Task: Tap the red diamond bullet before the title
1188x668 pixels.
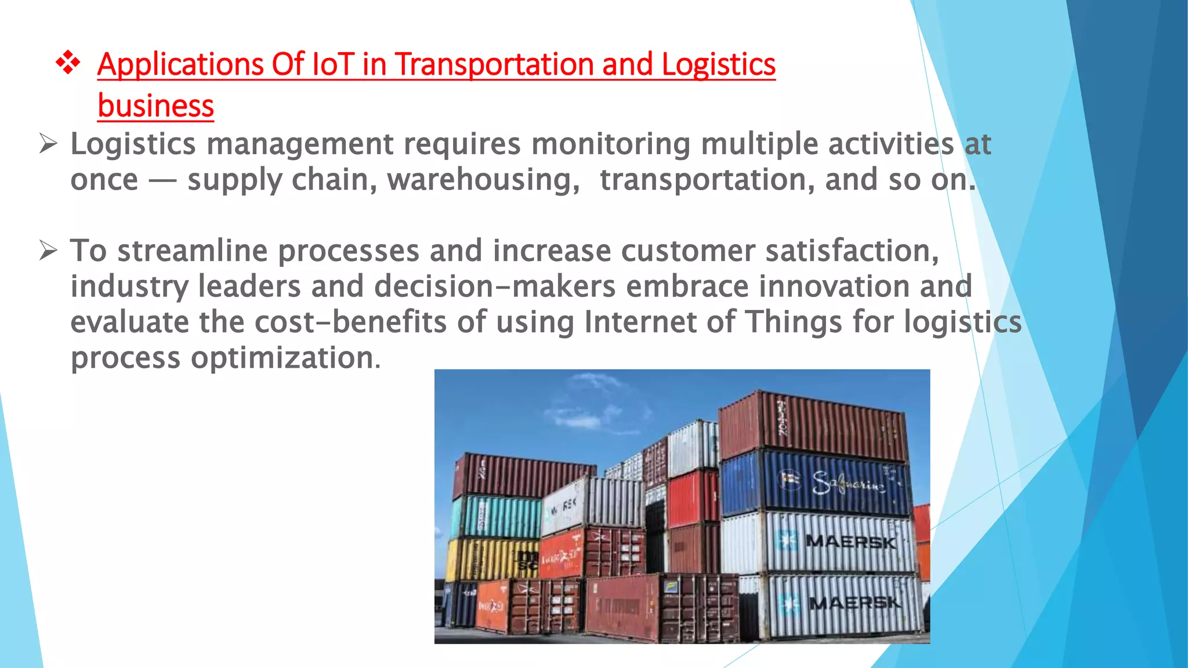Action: tap(68, 63)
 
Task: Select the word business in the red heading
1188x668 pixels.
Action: tap(155, 106)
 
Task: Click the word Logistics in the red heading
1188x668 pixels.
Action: tap(718, 64)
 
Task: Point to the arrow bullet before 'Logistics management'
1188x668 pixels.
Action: tap(48, 143)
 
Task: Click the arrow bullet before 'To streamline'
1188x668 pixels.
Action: tap(48, 251)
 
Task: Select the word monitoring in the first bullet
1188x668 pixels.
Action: tap(611, 144)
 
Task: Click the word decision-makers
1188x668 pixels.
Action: tap(495, 286)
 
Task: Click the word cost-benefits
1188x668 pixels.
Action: tap(350, 322)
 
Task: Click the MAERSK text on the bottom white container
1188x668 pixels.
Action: tap(854, 603)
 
